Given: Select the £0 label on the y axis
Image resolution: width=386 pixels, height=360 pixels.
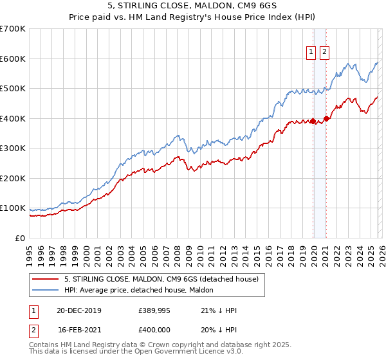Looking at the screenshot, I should (x=20, y=238).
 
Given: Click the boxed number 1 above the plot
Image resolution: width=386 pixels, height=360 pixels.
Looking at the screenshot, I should (x=311, y=53).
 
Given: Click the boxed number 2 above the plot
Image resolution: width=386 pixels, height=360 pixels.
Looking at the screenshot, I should (x=324, y=53).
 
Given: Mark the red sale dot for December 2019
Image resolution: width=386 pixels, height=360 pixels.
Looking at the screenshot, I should (x=313, y=121).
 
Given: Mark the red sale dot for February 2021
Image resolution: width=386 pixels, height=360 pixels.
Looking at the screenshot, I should (x=326, y=118).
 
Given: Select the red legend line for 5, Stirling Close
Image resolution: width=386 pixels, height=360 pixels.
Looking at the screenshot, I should (x=46, y=279).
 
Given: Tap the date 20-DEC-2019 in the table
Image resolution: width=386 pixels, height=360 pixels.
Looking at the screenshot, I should (x=78, y=310).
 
